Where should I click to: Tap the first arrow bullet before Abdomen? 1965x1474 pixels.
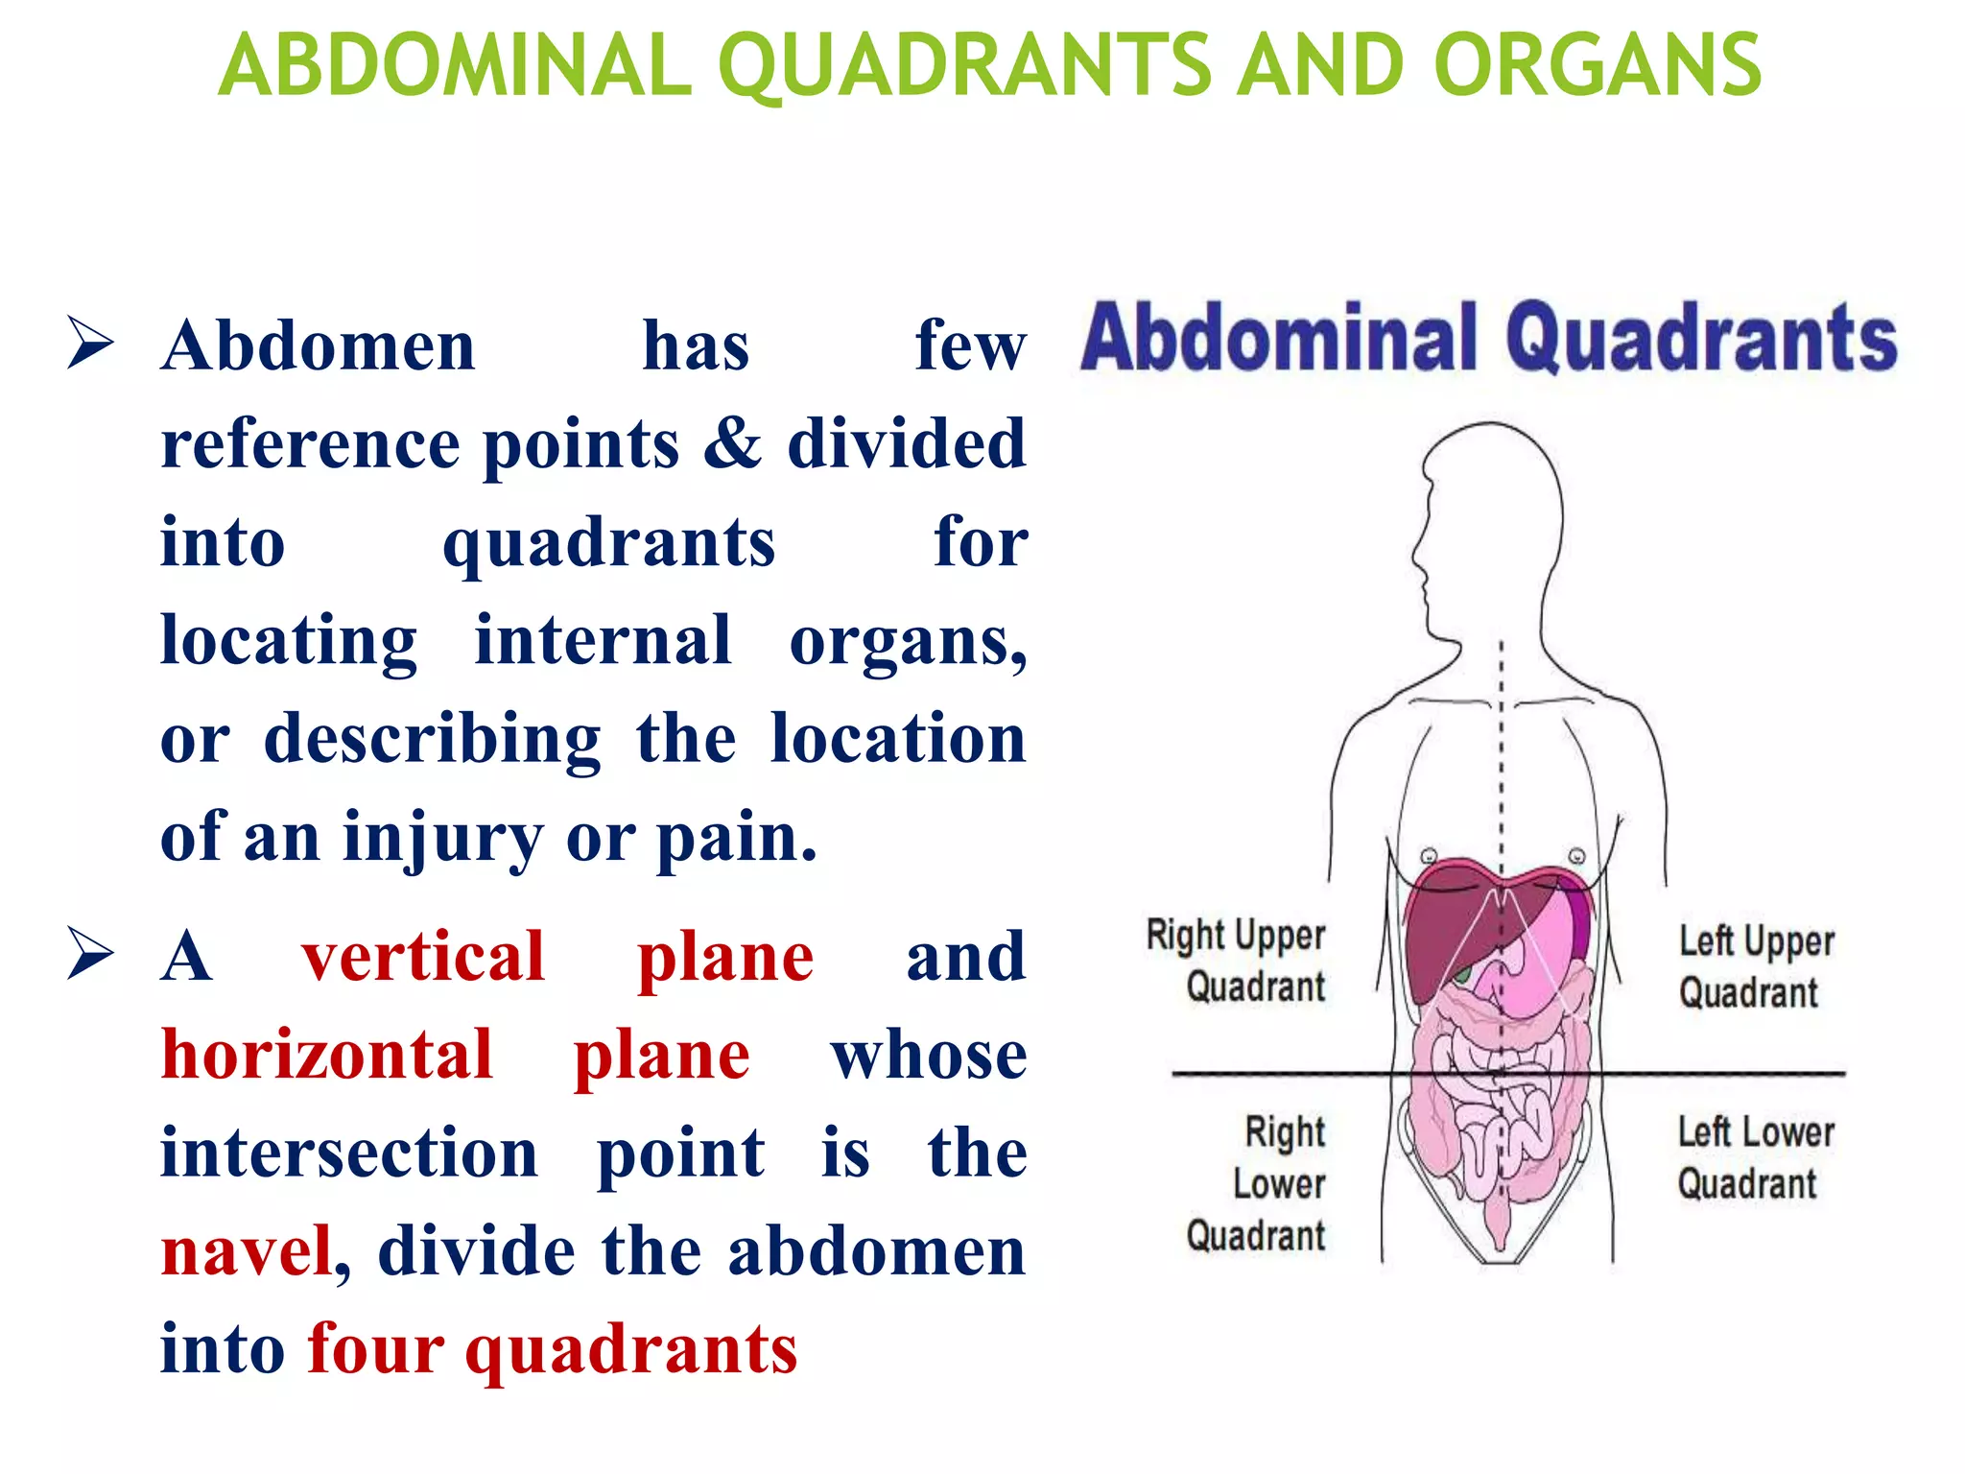click(x=91, y=344)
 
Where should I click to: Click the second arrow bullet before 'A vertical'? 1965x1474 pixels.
click(x=91, y=955)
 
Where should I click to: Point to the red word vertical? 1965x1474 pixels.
click(x=423, y=957)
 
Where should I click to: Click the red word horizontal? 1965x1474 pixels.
click(x=327, y=1055)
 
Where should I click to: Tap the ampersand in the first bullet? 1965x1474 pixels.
click(x=732, y=443)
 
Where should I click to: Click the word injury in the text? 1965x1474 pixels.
click(x=442, y=837)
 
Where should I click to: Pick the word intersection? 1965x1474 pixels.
click(x=349, y=1153)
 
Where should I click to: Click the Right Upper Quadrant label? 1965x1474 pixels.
click(x=1237, y=961)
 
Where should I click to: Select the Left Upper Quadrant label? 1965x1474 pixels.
click(x=1755, y=966)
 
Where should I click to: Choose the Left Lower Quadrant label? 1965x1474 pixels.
click(x=1755, y=1157)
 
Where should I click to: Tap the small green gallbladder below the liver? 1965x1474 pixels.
click(x=1462, y=978)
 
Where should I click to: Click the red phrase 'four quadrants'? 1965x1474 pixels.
click(x=553, y=1349)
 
